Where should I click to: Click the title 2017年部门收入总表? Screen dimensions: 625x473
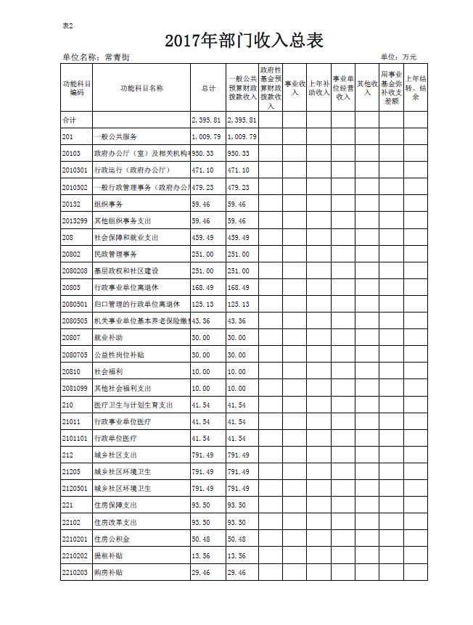[x=244, y=41]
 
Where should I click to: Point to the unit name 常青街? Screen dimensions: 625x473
[x=116, y=57]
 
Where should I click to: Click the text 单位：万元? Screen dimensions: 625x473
[x=398, y=57]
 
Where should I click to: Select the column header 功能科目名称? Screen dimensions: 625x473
[x=141, y=88]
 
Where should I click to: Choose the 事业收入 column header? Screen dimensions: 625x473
[x=295, y=88]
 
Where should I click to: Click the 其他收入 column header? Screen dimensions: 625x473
[x=367, y=88]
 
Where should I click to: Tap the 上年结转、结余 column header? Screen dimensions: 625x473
[x=416, y=88]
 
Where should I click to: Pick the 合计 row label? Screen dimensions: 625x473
[x=69, y=120]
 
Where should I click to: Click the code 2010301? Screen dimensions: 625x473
[x=75, y=170]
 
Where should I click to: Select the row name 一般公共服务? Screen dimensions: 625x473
[x=115, y=136]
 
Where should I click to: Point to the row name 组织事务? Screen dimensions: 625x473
[x=108, y=204]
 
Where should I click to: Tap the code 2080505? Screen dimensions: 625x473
[x=75, y=321]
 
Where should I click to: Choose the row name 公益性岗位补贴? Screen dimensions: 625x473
[x=119, y=355]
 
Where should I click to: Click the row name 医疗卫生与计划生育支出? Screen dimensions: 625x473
[x=133, y=405]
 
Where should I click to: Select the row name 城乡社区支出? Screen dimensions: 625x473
[x=115, y=455]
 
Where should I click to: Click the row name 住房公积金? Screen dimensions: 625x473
[x=112, y=539]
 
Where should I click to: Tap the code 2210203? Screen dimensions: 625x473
[x=75, y=573]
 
